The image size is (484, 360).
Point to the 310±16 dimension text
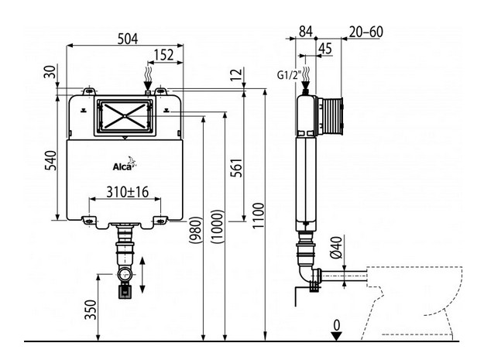tap(127, 190)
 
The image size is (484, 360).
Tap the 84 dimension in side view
tap(306, 32)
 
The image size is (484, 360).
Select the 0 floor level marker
tap(336, 324)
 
